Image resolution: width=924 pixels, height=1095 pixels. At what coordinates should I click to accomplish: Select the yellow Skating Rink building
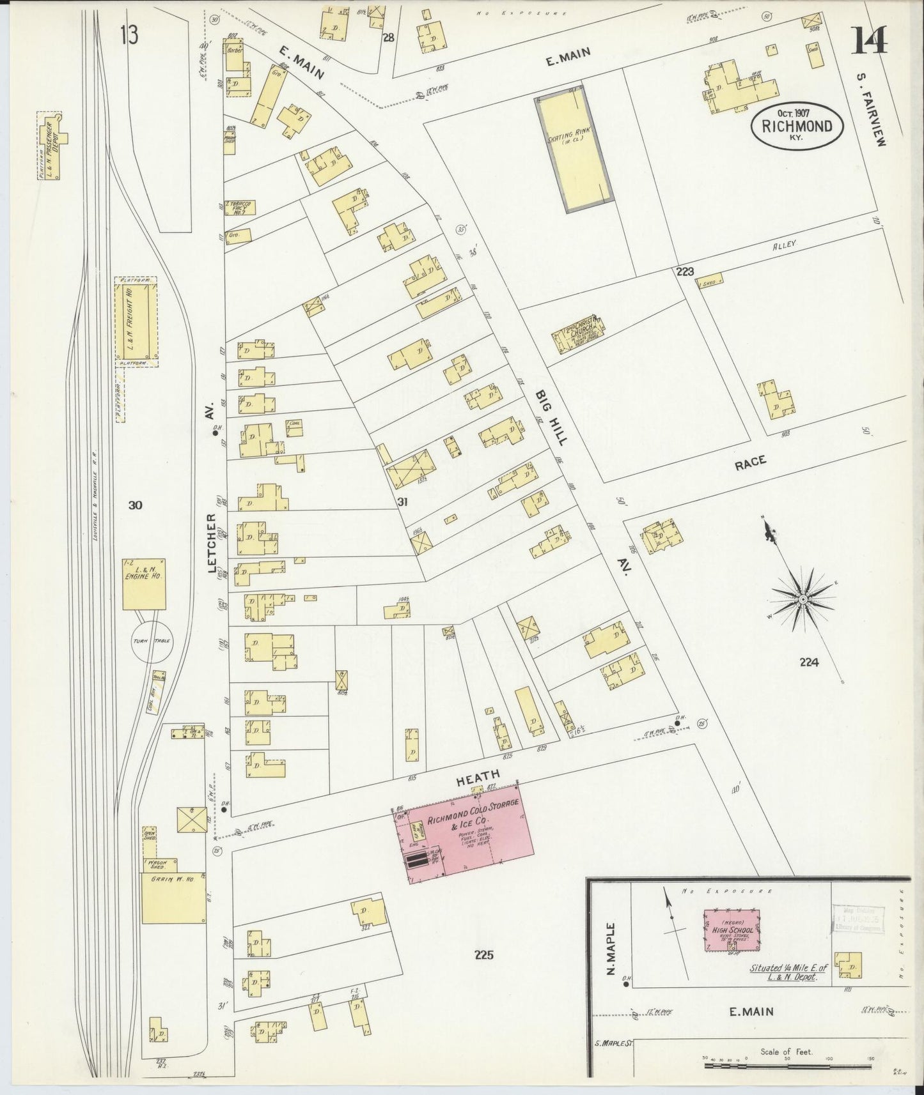(x=573, y=149)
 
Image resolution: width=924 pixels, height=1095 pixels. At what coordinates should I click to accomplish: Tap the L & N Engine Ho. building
(x=145, y=584)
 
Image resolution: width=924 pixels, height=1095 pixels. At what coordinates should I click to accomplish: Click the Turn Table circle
(x=152, y=640)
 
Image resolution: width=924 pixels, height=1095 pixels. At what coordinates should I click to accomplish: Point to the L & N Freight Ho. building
(x=136, y=321)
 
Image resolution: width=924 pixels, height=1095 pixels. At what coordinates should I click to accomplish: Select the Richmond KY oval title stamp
(x=797, y=126)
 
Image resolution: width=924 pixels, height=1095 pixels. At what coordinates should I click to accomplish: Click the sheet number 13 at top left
(x=128, y=35)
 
